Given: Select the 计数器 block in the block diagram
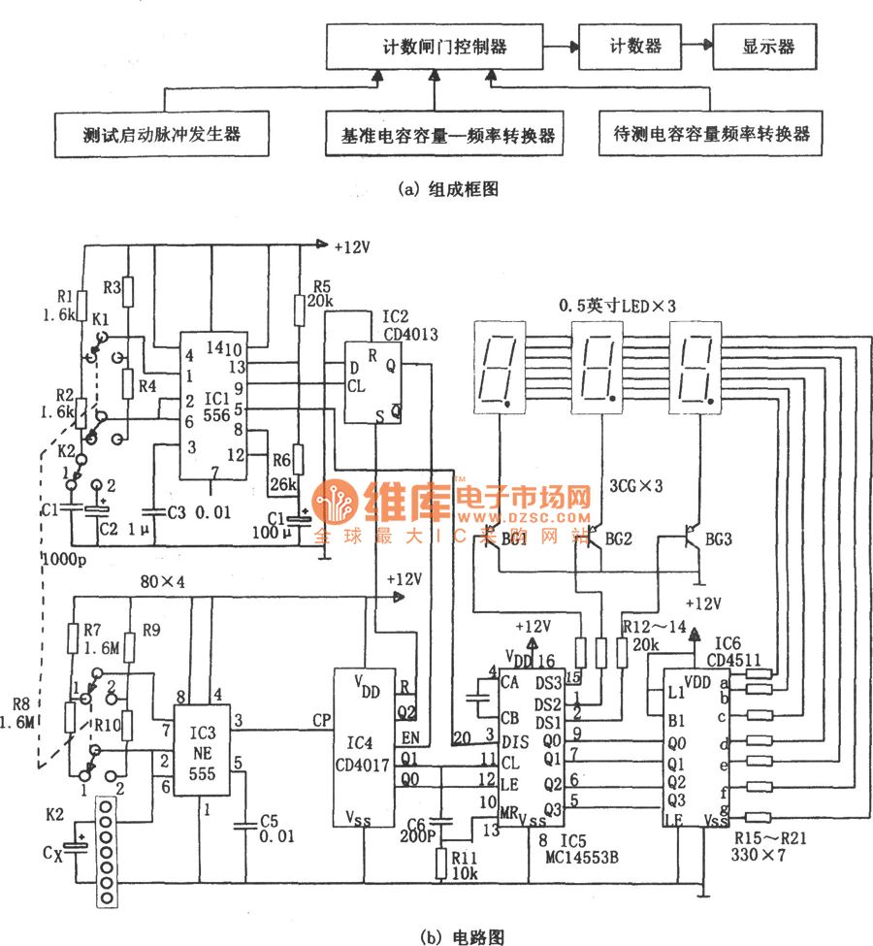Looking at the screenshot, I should [627, 46].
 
